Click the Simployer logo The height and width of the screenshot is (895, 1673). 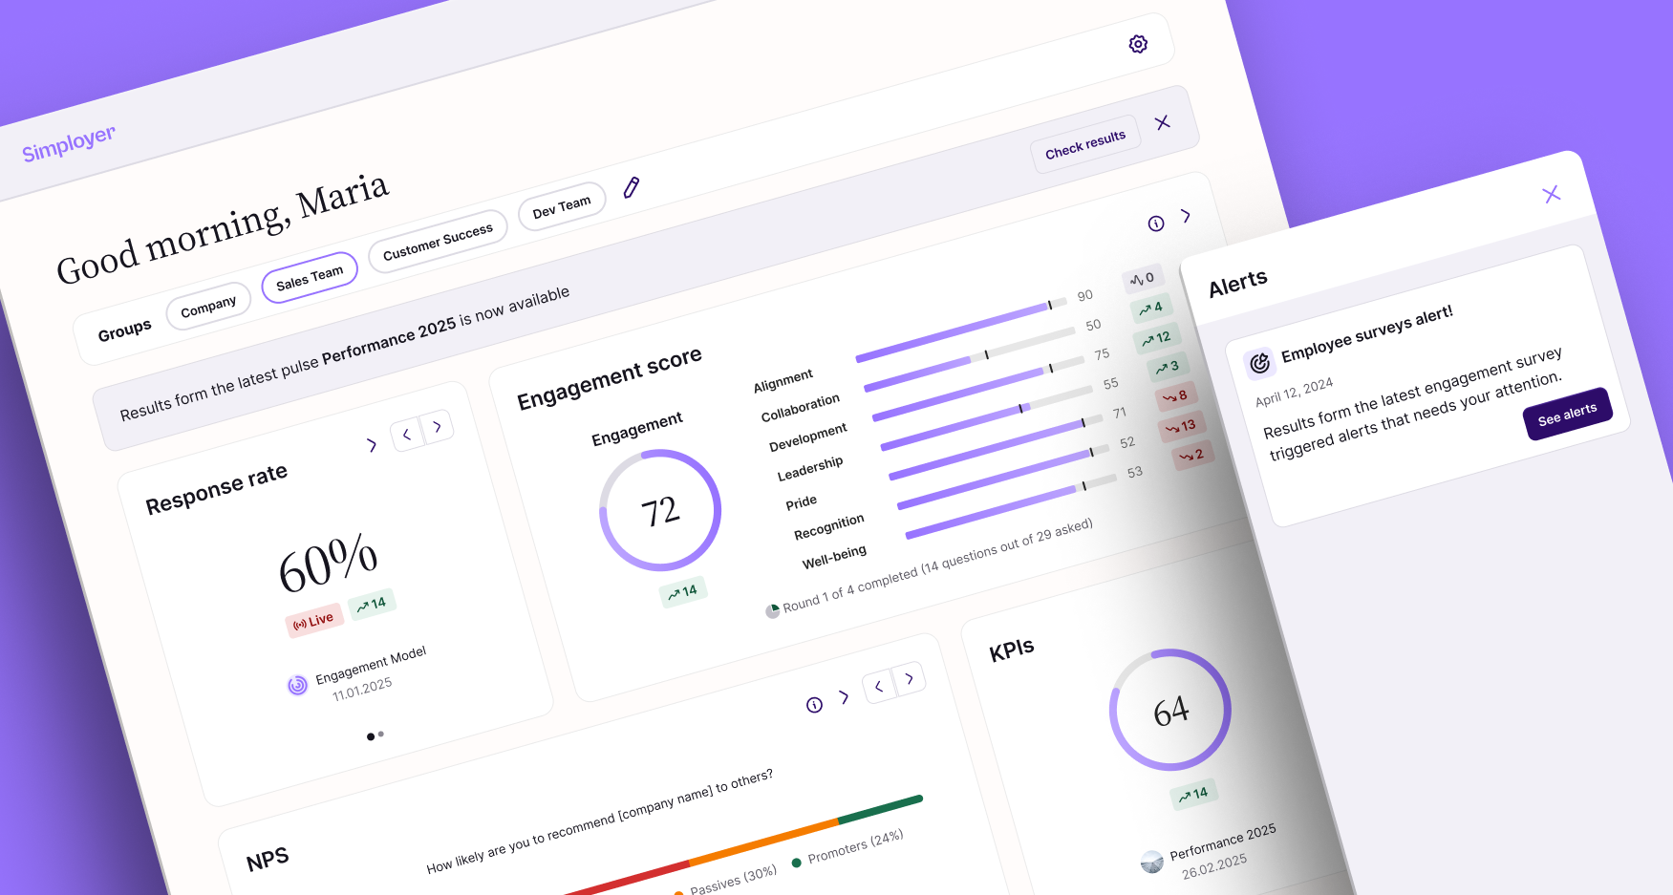[x=69, y=143]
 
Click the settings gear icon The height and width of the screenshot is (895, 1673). [x=1138, y=44]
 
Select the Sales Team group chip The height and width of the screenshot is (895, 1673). [x=310, y=277]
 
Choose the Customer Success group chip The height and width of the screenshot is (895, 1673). [x=438, y=242]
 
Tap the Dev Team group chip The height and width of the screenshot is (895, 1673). [x=562, y=206]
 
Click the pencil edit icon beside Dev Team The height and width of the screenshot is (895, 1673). [x=632, y=187]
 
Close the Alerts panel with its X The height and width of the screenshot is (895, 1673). [x=1552, y=194]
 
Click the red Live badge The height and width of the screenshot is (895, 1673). [x=313, y=621]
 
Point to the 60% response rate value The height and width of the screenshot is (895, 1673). [x=328, y=563]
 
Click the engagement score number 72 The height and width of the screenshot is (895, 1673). [x=660, y=511]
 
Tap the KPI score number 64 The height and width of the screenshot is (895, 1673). [x=1170, y=711]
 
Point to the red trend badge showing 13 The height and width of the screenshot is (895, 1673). [x=1182, y=426]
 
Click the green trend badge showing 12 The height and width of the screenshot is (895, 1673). [x=1157, y=338]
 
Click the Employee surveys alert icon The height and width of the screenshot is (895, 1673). [x=1260, y=362]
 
